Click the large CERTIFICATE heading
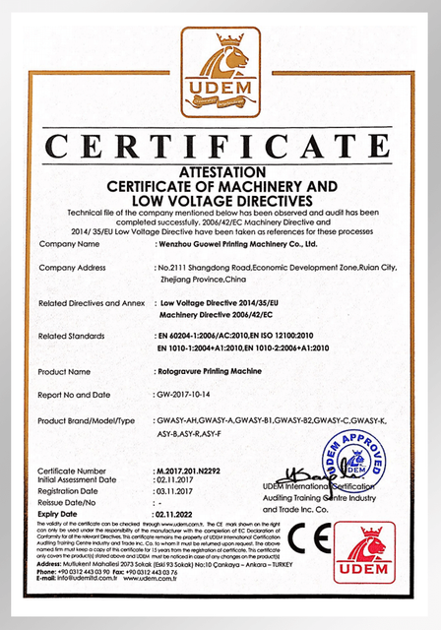click(220, 149)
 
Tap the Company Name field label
click(69, 242)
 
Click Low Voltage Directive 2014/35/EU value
click(218, 303)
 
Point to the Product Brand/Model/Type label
click(86, 420)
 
